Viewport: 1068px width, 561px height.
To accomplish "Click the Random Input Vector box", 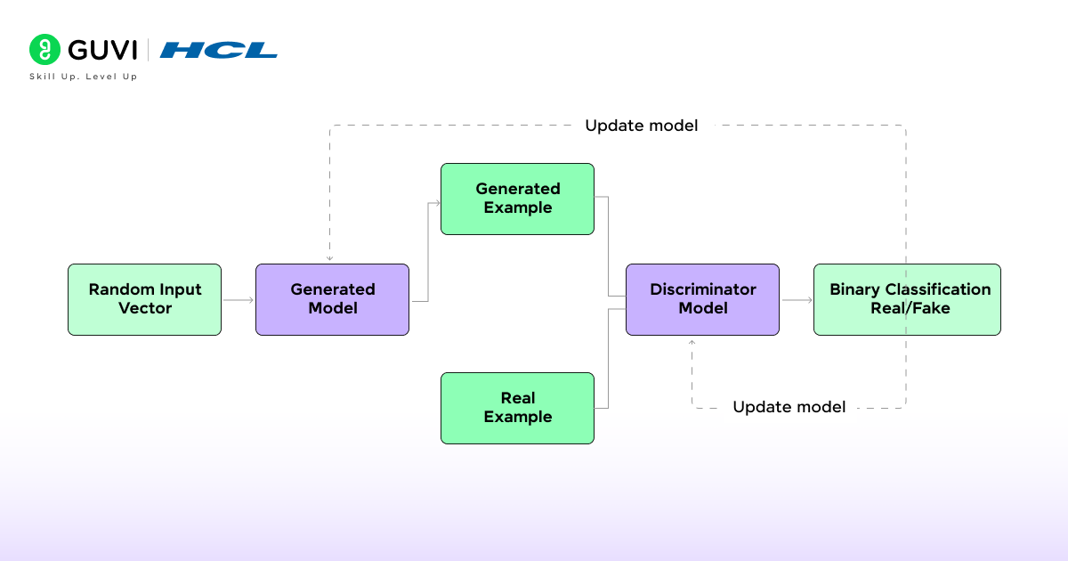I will [144, 299].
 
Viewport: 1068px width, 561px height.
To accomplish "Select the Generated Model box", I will [332, 299].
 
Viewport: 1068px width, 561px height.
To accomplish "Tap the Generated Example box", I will [517, 199].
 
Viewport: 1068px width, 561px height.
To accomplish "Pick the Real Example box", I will [517, 408].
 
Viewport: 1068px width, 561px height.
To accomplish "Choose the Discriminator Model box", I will [702, 299].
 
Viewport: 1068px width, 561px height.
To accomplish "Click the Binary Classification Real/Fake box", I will [907, 299].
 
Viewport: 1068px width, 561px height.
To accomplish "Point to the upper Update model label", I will [641, 126].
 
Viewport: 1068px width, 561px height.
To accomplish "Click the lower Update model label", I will [789, 407].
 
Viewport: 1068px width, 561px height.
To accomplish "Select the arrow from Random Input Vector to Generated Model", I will [239, 300].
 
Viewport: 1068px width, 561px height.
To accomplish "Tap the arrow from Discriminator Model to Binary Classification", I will [797, 300].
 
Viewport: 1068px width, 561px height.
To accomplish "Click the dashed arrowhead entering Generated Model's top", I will [330, 258].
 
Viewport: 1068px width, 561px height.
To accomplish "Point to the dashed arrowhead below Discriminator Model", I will [692, 341].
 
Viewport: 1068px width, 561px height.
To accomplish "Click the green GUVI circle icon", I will [44, 50].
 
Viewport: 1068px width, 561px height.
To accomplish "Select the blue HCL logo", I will [219, 50].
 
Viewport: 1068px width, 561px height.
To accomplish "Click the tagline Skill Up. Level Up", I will [83, 77].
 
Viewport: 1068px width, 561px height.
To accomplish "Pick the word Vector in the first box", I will [145, 308].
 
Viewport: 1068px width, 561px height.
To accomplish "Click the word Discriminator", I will [702, 289].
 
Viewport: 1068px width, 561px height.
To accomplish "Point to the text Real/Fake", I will [910, 308].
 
